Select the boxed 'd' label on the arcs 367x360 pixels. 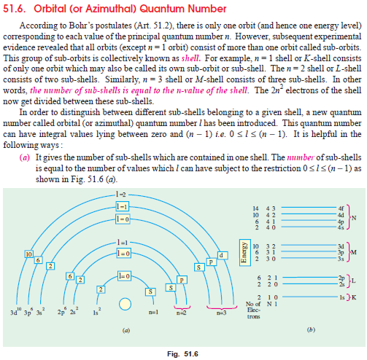221,253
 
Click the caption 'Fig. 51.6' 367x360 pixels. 183,353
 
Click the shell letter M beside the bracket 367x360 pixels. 353,251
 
